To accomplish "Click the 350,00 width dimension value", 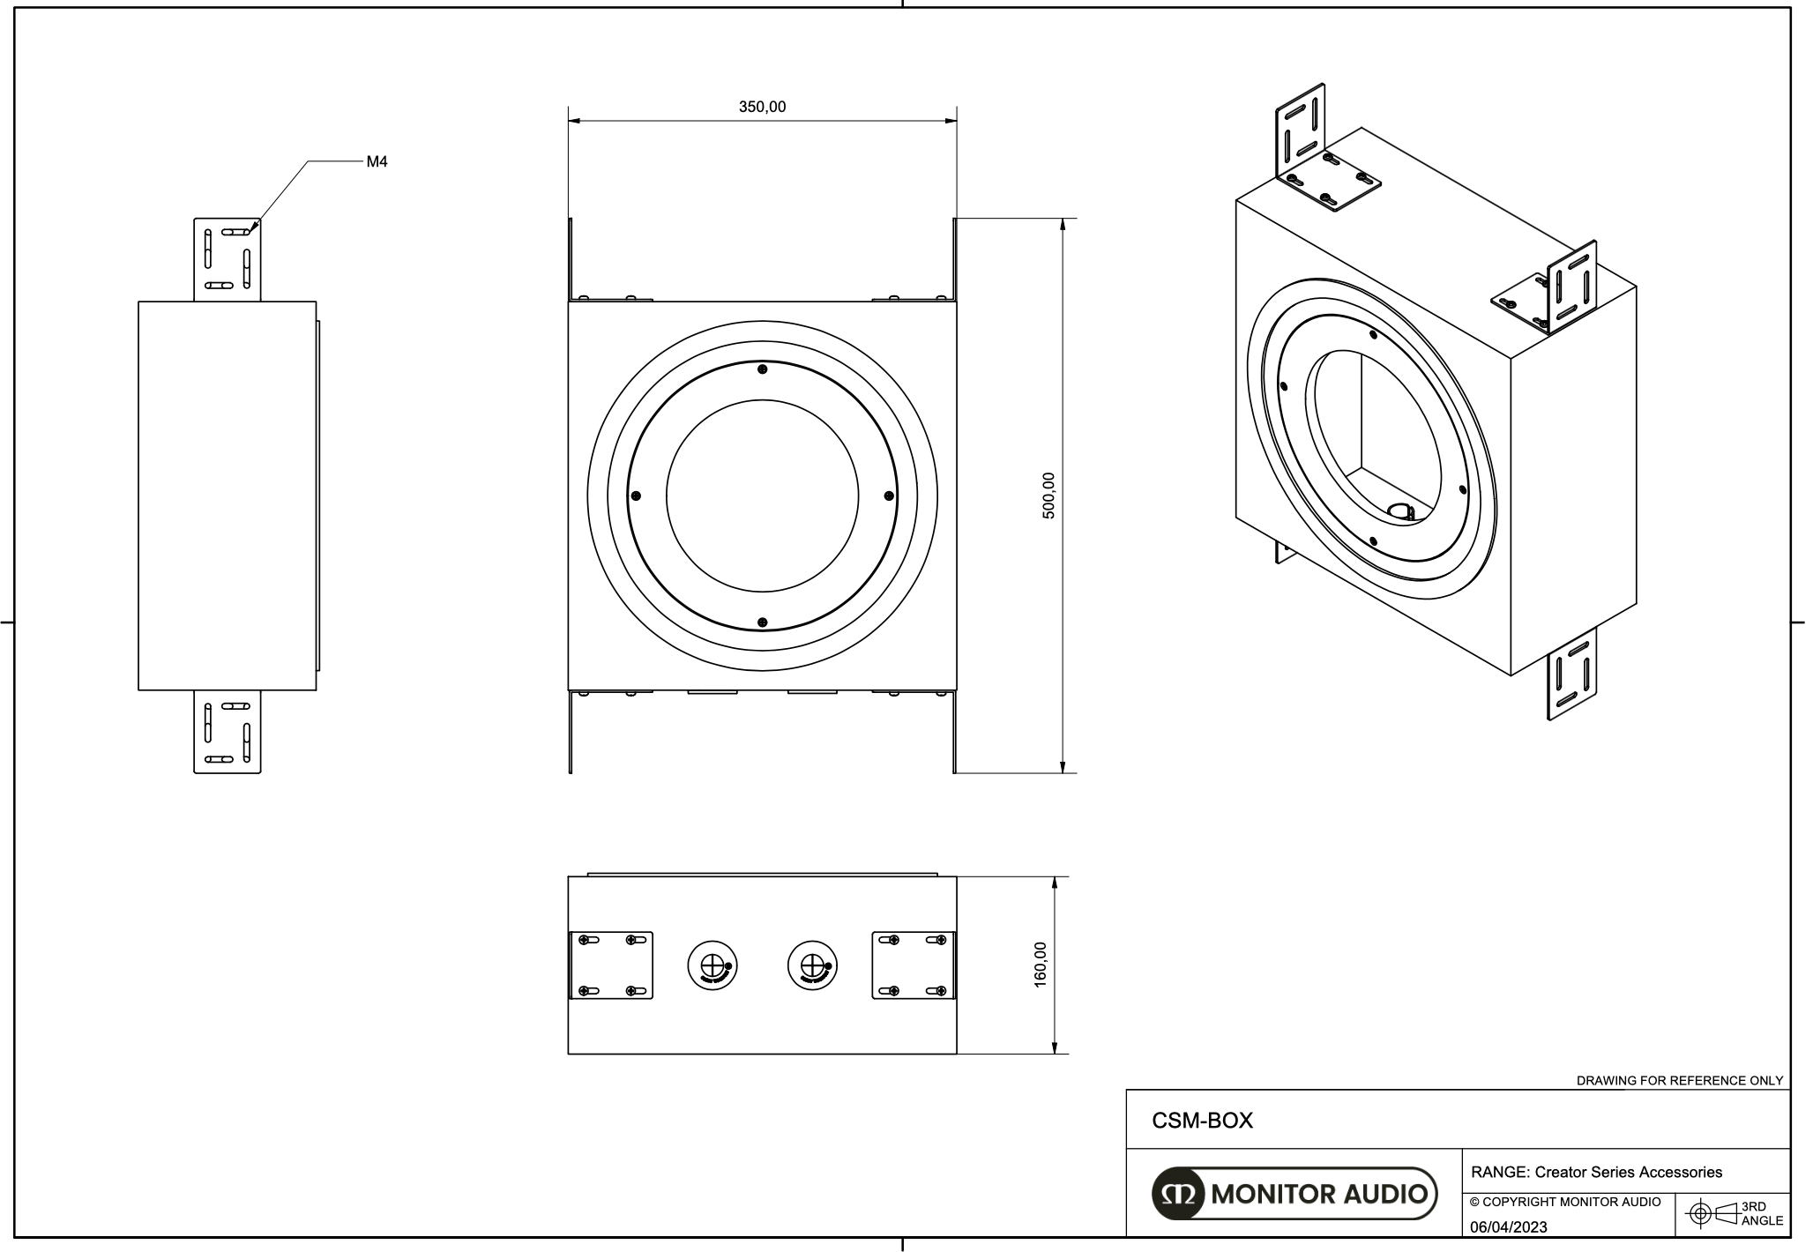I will [762, 108].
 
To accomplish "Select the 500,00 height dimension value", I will [1048, 496].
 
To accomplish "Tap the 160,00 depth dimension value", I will [1041, 965].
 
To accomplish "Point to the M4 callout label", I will [377, 162].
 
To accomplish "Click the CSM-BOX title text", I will [1202, 1121].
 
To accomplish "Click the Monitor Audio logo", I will [1294, 1194].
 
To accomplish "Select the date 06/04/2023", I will [1508, 1227].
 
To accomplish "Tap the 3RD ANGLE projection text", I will [1762, 1214].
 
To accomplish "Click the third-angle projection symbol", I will [1712, 1214].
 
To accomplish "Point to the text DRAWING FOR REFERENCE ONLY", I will [1679, 1080].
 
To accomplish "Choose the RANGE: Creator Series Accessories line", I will [1596, 1173].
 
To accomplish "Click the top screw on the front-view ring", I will [763, 369].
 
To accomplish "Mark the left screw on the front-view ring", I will [636, 496].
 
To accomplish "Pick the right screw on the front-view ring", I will [889, 496].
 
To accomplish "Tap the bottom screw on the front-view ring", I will [763, 622].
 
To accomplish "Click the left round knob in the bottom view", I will [713, 965].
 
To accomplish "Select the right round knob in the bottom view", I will [812, 965].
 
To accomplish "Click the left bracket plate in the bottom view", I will [611, 965].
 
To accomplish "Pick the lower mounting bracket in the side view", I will [228, 732].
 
